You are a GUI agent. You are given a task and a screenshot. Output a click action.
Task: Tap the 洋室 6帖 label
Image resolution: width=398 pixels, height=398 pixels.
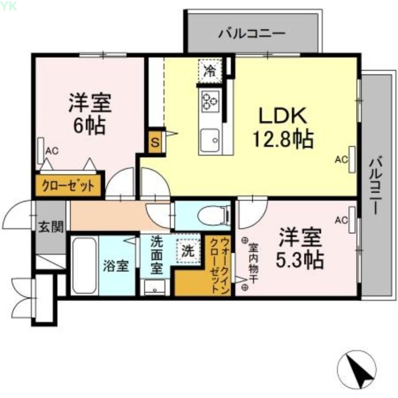point(90,113)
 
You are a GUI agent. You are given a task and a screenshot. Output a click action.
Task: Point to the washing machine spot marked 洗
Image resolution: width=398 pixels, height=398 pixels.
point(187,251)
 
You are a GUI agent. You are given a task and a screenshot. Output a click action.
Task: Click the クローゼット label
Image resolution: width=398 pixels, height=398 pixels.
point(69,186)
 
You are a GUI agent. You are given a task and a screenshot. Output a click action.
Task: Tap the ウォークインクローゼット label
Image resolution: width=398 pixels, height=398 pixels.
point(220,265)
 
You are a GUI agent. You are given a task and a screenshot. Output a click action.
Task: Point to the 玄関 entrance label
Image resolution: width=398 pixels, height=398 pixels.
point(51,228)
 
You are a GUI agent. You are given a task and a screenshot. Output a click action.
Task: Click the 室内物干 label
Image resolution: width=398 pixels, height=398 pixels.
point(252,263)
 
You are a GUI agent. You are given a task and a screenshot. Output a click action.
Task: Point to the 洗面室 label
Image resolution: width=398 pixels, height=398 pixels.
point(156,255)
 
